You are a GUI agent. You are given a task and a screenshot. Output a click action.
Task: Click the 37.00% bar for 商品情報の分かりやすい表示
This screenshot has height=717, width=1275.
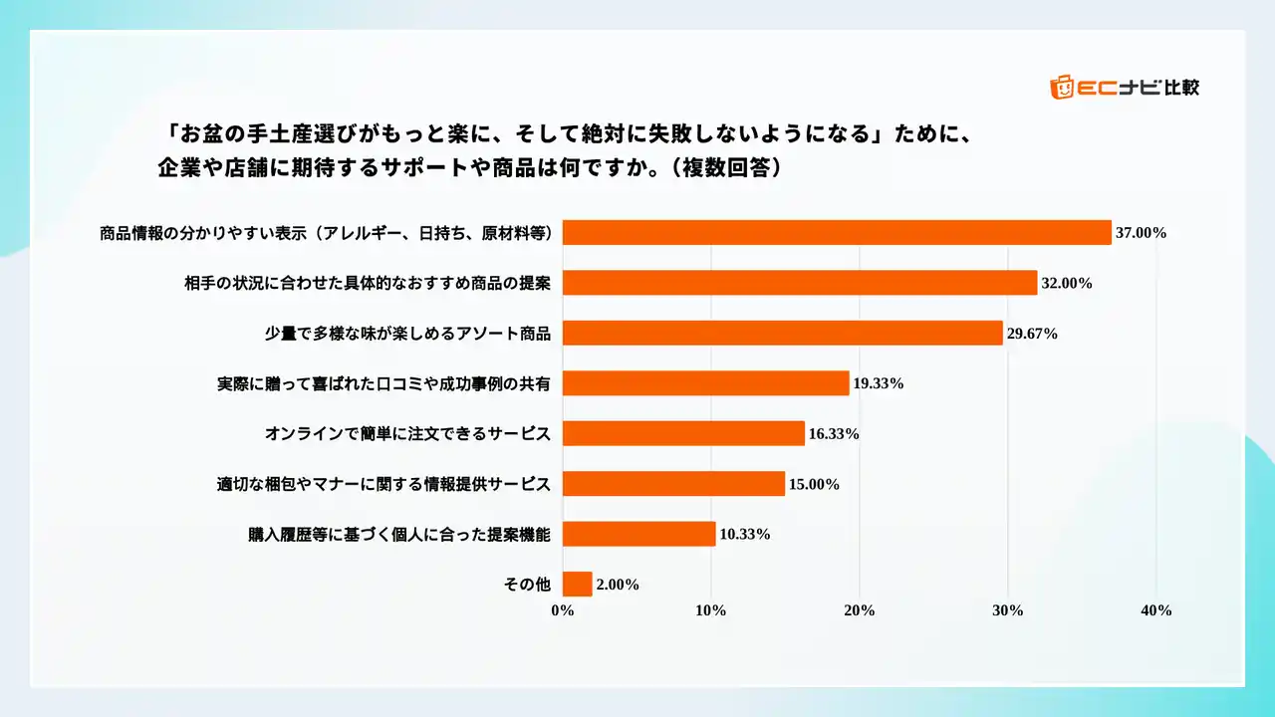pos(837,232)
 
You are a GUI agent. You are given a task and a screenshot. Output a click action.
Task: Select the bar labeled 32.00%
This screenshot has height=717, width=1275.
pos(800,283)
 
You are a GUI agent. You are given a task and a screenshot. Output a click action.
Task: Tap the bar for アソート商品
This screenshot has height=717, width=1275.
pos(783,333)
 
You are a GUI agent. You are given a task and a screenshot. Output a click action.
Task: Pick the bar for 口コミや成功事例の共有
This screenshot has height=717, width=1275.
pos(706,383)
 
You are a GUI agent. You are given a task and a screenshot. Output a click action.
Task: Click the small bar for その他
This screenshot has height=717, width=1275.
pos(578,585)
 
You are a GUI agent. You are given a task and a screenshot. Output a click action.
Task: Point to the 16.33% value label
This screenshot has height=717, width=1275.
pos(833,434)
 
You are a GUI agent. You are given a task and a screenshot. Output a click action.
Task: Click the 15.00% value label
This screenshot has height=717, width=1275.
pos(813,484)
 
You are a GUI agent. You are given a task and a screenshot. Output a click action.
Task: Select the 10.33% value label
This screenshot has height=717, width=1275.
pos(744,535)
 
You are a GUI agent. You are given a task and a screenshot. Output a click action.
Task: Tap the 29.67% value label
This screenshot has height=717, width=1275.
pos(1032,334)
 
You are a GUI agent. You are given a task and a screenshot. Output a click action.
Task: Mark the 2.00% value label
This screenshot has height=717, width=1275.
pos(618,585)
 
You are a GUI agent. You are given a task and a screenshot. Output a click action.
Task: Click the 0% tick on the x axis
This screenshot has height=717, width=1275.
pos(563,610)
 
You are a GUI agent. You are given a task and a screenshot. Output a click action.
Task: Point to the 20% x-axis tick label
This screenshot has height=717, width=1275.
pos(860,610)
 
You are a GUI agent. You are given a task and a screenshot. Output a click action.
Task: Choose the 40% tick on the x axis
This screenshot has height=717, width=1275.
pos(1155,610)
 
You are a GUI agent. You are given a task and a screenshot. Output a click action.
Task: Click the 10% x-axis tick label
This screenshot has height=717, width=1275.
pos(711,610)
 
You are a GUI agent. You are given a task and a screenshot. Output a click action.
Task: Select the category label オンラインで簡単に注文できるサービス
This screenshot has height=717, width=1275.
pos(407,434)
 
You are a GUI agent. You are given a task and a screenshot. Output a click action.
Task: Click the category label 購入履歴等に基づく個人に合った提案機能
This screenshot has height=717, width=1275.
pos(399,535)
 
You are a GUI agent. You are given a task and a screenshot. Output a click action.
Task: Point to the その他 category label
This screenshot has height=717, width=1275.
pos(528,585)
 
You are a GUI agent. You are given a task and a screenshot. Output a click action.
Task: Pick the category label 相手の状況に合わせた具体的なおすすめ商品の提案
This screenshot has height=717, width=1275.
pos(368,283)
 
